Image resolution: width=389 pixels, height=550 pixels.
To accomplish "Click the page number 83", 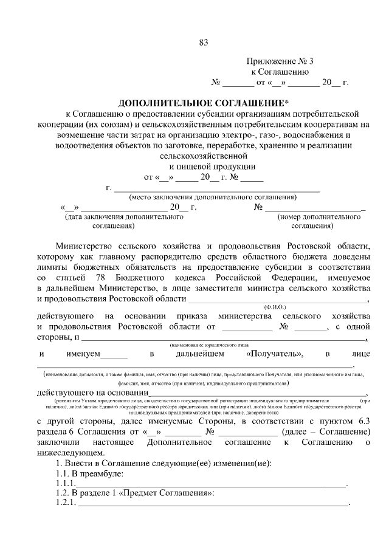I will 203,42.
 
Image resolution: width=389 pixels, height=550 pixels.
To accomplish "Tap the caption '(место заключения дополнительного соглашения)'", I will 212,197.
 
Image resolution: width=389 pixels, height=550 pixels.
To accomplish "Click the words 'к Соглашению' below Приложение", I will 277,72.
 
